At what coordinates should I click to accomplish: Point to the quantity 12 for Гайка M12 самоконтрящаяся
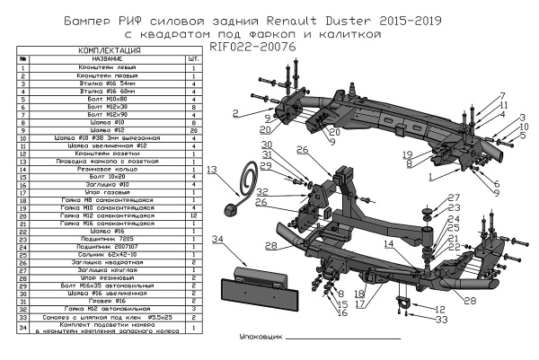click(193, 216)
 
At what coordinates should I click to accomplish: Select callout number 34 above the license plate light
click(216, 239)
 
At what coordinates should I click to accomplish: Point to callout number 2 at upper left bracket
click(234, 114)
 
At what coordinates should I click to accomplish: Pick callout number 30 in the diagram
click(266, 145)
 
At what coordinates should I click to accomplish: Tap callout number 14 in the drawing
click(388, 243)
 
